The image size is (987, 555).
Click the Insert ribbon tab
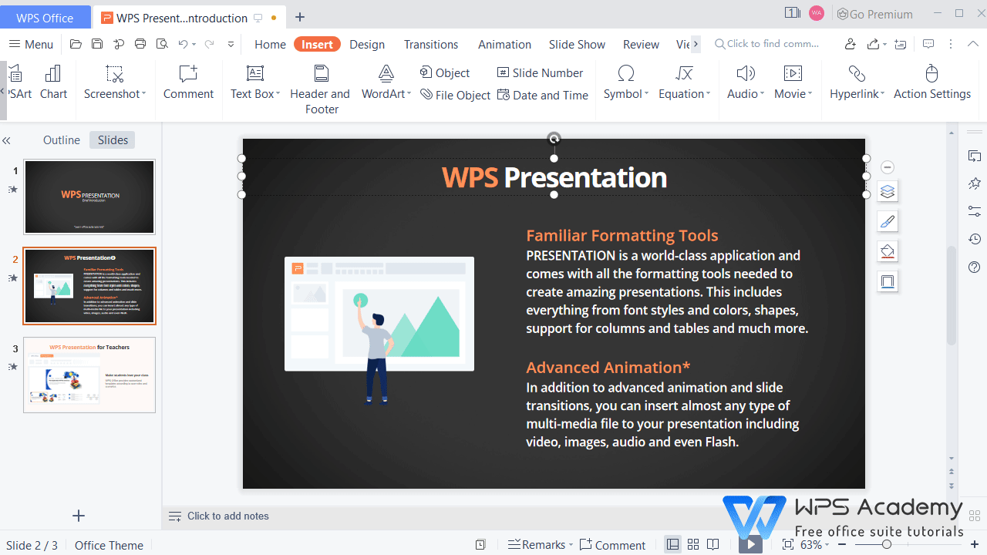point(317,44)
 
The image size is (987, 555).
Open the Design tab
point(367,44)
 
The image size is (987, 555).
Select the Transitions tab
point(431,44)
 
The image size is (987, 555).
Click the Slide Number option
point(541,72)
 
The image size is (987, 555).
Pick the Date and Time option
point(543,95)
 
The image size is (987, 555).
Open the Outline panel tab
point(62,140)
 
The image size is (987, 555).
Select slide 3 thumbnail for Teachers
point(89,375)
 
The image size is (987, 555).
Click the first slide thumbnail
point(89,197)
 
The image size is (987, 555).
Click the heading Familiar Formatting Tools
point(622,235)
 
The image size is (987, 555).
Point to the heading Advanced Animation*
point(608,367)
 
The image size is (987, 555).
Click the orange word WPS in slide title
point(470,177)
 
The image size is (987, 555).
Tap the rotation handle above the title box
point(554,139)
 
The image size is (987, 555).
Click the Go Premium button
point(874,14)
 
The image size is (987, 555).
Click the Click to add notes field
point(228,516)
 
